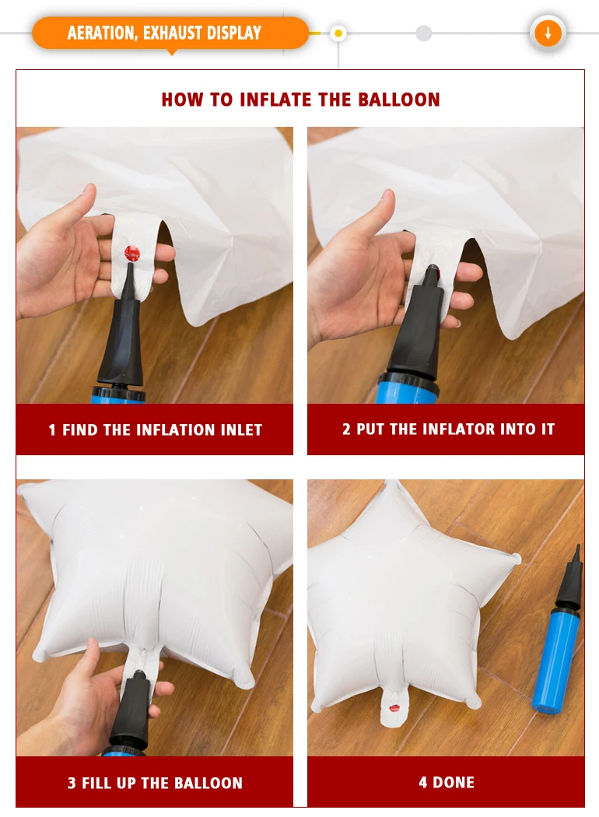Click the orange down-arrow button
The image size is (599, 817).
pyautogui.click(x=548, y=33)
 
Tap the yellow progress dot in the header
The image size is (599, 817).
pyautogui.click(x=338, y=34)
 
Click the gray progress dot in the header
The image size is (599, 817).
pyautogui.click(x=424, y=33)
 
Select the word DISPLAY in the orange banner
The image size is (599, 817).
pyautogui.click(x=234, y=33)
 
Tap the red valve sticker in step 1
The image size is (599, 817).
pyautogui.click(x=132, y=254)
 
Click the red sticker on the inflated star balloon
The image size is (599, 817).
pyautogui.click(x=395, y=709)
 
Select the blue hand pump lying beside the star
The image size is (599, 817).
pyautogui.click(x=556, y=630)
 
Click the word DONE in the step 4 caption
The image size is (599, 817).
pyautogui.click(x=454, y=783)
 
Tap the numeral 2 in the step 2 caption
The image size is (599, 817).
pyautogui.click(x=346, y=429)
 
